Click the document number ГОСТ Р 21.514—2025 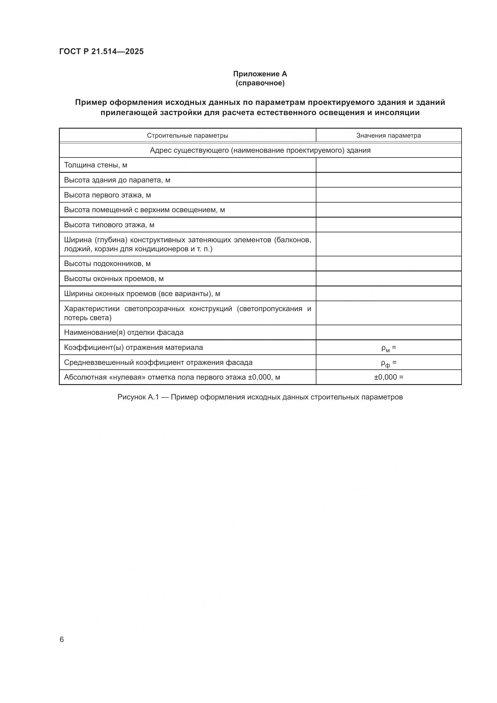(x=101, y=52)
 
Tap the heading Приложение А (x=260, y=74)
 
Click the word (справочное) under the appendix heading (x=260, y=83)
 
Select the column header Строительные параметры (x=187, y=135)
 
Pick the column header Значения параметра (x=388, y=135)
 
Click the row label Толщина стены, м (x=96, y=165)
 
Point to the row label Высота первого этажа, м (x=107, y=195)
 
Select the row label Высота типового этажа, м (x=109, y=225)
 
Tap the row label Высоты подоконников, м (x=107, y=264)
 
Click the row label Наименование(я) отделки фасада (x=123, y=332)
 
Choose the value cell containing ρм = (x=388, y=348)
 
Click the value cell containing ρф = (x=388, y=363)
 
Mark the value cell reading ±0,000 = (x=388, y=377)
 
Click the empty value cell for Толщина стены (x=388, y=165)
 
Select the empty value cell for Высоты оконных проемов (x=388, y=279)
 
